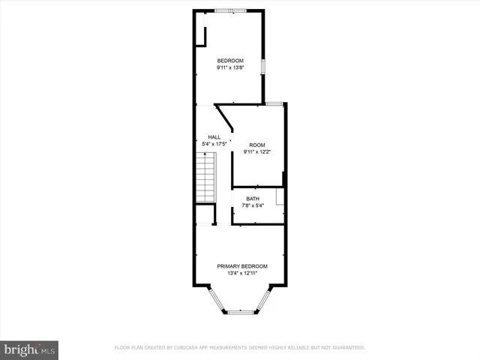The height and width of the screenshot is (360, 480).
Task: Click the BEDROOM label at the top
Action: [x=230, y=61]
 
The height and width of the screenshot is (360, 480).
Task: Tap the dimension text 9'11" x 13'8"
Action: [x=230, y=68]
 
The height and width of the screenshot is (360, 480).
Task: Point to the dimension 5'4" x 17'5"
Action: [x=214, y=144]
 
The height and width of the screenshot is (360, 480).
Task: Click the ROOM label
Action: [x=257, y=145]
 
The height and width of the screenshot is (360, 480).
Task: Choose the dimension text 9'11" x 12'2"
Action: [x=257, y=152]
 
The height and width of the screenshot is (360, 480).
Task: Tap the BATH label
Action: [x=253, y=199]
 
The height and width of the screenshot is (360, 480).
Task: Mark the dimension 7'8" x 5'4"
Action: [x=253, y=206]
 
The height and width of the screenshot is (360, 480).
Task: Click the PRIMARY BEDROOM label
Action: [x=242, y=266]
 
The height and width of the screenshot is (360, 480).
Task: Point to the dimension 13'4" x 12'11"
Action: [x=242, y=274]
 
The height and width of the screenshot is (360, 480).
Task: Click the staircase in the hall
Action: [x=205, y=176]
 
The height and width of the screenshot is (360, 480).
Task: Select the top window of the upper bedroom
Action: [x=230, y=10]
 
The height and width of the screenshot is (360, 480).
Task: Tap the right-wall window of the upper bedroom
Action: [x=263, y=65]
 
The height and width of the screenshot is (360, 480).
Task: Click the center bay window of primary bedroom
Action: [x=241, y=312]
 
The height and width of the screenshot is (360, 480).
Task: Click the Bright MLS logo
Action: [x=30, y=349]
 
